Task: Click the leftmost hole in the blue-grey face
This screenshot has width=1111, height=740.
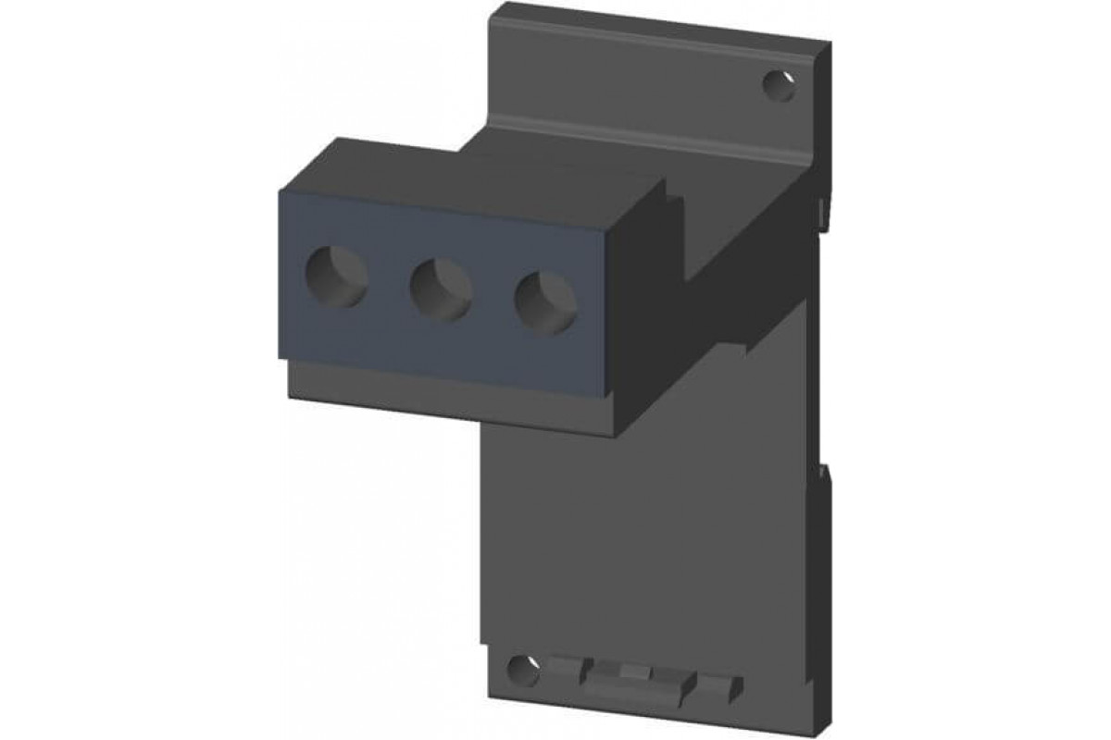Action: click(335, 277)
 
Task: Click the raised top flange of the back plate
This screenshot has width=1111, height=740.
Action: click(648, 74)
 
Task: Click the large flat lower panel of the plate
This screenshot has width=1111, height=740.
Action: click(648, 536)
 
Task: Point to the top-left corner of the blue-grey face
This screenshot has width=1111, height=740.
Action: click(278, 187)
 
